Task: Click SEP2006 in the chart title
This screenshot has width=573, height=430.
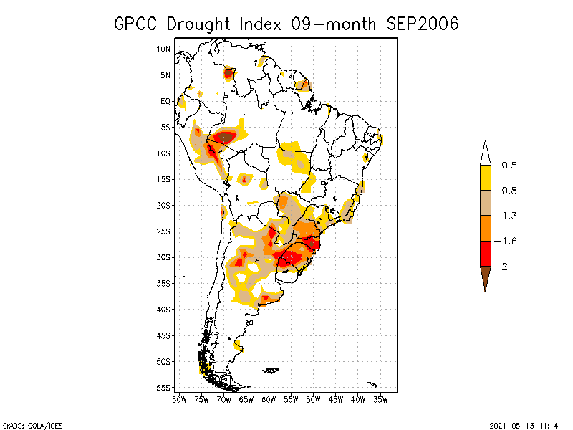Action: point(422,24)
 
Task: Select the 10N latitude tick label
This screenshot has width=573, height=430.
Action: point(164,49)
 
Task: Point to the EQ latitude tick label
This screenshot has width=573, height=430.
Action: point(165,101)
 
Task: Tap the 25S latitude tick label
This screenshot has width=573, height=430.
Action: point(164,231)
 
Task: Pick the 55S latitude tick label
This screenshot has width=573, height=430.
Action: point(164,388)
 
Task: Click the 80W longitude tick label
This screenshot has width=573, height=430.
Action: point(179,398)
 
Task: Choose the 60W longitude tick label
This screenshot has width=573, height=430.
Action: point(269,398)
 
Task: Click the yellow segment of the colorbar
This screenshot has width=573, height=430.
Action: point(485,178)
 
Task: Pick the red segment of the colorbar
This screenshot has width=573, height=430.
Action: point(485,253)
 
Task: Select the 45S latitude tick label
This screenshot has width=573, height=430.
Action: point(164,335)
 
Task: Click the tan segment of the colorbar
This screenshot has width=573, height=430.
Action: point(485,203)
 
